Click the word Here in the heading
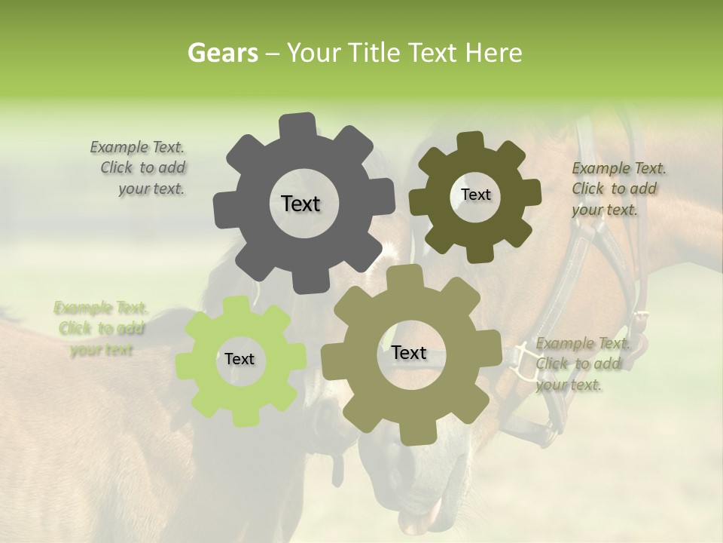[x=495, y=53]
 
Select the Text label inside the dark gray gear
[x=300, y=204]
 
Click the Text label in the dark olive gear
[x=475, y=195]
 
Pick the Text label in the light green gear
[x=239, y=359]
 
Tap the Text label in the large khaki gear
[x=409, y=352]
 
